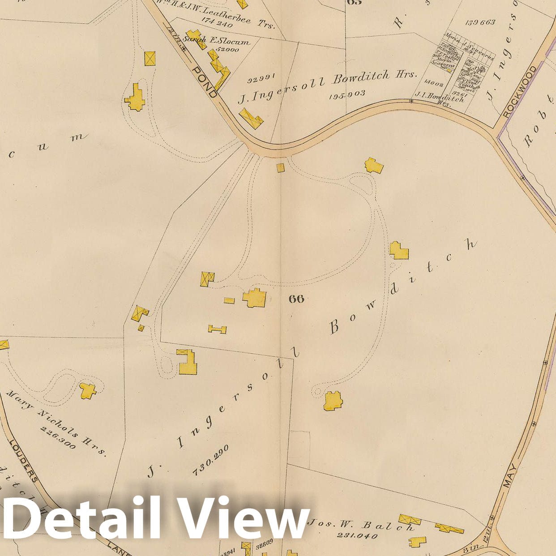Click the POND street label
tap(205, 81)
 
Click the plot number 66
tap(296, 299)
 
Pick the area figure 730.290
tap(210, 460)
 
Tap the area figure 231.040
tap(356, 535)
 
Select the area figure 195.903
tap(347, 94)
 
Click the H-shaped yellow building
tap(218, 329)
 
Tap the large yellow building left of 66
tap(255, 298)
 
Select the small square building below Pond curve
tap(280, 168)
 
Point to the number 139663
tap(480, 22)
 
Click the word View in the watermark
tap(241, 518)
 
